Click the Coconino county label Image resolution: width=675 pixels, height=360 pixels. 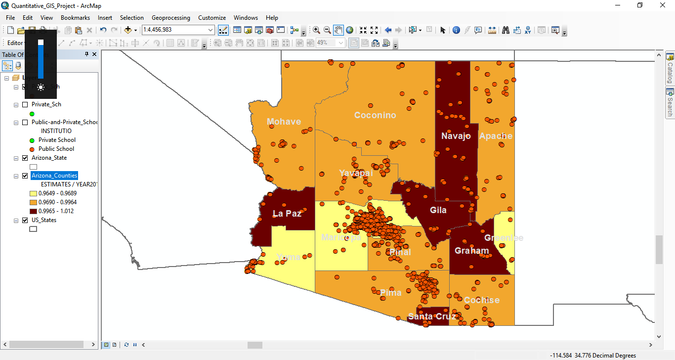tap(375, 115)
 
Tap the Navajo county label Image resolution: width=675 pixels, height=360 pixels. tap(456, 136)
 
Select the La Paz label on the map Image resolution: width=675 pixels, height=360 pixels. tap(287, 214)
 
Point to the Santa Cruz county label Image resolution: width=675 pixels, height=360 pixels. tap(432, 316)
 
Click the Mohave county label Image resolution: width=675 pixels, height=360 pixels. tap(284, 122)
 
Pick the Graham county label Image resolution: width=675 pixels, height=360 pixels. tap(471, 251)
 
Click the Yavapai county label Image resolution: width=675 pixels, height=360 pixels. tap(356, 173)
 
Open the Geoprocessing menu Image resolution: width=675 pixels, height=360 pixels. tap(170, 18)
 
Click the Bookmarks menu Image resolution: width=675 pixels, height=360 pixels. tap(75, 18)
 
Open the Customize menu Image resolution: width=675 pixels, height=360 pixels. tap(212, 18)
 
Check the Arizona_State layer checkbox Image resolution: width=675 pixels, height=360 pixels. tap(25, 158)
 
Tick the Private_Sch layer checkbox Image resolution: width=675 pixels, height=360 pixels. tap(25, 104)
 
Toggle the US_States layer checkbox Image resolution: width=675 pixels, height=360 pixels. tap(25, 220)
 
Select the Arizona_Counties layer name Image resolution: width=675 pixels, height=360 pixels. tap(54, 176)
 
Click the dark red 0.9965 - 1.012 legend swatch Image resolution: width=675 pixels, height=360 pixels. tap(33, 211)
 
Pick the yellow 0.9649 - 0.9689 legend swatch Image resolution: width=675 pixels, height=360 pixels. tap(33, 193)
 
